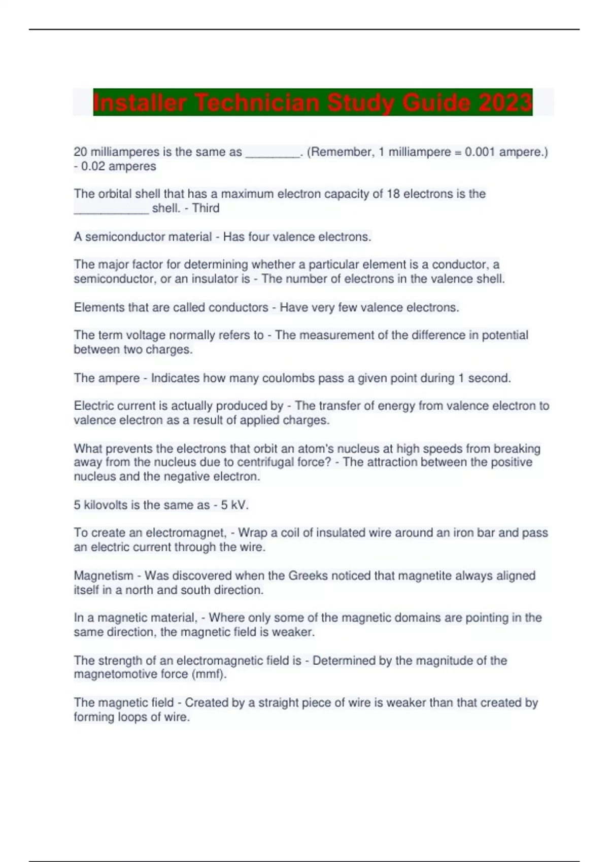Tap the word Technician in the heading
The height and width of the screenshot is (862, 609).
257,102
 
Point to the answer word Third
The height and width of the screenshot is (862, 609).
206,208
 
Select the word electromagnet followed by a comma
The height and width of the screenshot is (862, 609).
186,533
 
